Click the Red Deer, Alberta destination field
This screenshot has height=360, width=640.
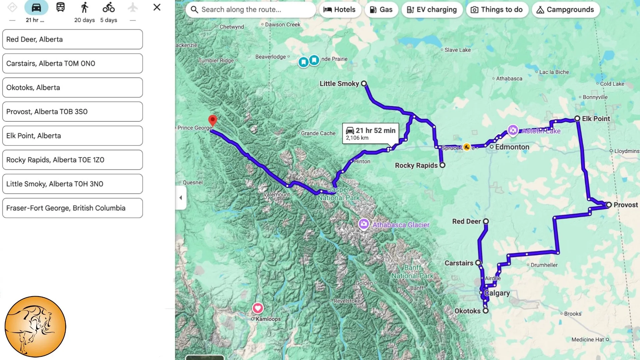click(x=72, y=39)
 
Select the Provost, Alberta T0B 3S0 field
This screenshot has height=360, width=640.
click(x=72, y=112)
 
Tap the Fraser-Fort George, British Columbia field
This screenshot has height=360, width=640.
click(x=72, y=208)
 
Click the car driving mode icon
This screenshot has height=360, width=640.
click(x=36, y=7)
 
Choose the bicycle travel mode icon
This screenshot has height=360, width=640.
click(x=109, y=7)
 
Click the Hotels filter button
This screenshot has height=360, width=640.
click(x=340, y=10)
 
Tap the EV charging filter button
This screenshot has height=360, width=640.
click(x=432, y=10)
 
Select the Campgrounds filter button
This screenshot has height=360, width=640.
click(x=566, y=10)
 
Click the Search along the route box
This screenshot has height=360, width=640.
click(x=251, y=10)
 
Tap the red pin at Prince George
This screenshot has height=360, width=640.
click(x=212, y=120)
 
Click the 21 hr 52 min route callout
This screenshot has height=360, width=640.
click(x=370, y=134)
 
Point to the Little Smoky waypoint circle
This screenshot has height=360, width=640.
click(x=364, y=84)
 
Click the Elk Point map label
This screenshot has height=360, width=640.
click(x=596, y=119)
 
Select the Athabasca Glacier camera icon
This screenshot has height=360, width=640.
click(x=364, y=224)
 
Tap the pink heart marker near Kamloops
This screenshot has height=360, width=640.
click(x=258, y=308)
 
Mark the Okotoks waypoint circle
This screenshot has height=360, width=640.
click(x=486, y=311)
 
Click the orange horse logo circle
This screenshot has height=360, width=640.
click(x=35, y=327)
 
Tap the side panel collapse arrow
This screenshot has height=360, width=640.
click(x=181, y=198)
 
